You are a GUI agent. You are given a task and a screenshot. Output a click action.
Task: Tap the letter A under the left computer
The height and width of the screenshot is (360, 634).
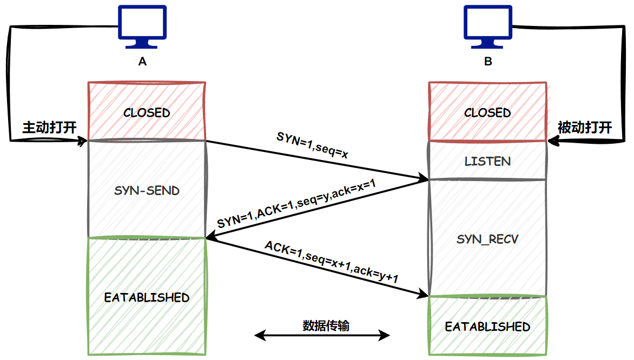coord(142,62)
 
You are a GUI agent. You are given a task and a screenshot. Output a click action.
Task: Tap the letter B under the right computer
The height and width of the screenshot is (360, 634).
coord(488,62)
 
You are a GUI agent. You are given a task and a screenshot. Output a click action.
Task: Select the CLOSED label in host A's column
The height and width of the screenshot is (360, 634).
coord(147,113)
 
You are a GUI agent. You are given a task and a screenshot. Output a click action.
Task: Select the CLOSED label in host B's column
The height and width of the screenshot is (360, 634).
coord(487,113)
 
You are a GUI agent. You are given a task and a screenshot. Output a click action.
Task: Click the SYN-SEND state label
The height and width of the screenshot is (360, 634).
coord(147,191)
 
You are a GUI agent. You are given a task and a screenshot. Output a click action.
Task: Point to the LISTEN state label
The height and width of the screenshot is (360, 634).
coord(487,161)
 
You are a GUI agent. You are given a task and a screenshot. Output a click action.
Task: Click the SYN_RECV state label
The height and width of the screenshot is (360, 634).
coord(487,239)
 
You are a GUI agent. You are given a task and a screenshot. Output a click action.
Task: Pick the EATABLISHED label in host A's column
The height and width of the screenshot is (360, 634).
coord(147,298)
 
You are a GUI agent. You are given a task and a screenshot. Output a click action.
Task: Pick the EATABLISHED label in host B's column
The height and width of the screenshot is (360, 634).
coord(487,327)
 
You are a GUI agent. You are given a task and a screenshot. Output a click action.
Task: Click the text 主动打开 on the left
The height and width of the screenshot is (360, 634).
coord(49,128)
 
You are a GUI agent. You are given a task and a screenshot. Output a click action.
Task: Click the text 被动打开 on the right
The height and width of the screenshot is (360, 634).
coord(585,128)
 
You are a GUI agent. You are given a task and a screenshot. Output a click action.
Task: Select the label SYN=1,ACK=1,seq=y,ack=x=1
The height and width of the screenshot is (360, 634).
coord(296,204)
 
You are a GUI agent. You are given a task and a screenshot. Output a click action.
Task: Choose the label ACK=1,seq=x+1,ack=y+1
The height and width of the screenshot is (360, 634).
coord(332,262)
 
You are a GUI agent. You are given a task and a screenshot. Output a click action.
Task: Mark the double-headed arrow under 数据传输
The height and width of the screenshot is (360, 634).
coord(322,336)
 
